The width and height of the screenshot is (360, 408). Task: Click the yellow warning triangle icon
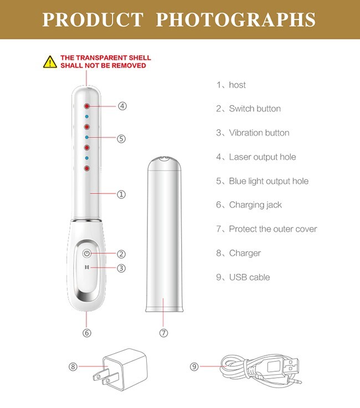[x=50, y=62]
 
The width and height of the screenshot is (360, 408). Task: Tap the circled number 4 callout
[x=122, y=105]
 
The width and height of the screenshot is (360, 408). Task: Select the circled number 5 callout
[x=121, y=139]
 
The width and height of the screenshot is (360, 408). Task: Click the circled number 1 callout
[x=121, y=195]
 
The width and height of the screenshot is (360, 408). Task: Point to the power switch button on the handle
[x=86, y=253]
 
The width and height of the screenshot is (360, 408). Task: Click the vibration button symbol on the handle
[x=86, y=267]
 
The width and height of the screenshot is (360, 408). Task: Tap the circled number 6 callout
[x=86, y=333]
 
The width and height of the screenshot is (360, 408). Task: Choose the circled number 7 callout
[x=163, y=333]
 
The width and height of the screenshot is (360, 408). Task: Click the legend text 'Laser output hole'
[x=262, y=157]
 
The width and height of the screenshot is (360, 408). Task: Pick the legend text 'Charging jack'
[x=255, y=205]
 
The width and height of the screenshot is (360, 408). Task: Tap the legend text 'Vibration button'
[x=259, y=133]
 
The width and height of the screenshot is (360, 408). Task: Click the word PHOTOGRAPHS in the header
[x=236, y=20]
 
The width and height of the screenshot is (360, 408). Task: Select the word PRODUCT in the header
[x=92, y=20]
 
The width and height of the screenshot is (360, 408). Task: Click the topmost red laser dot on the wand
[x=86, y=105]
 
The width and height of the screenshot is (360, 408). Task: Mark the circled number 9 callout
[x=194, y=366]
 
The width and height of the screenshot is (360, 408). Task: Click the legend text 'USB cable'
[x=249, y=277]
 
